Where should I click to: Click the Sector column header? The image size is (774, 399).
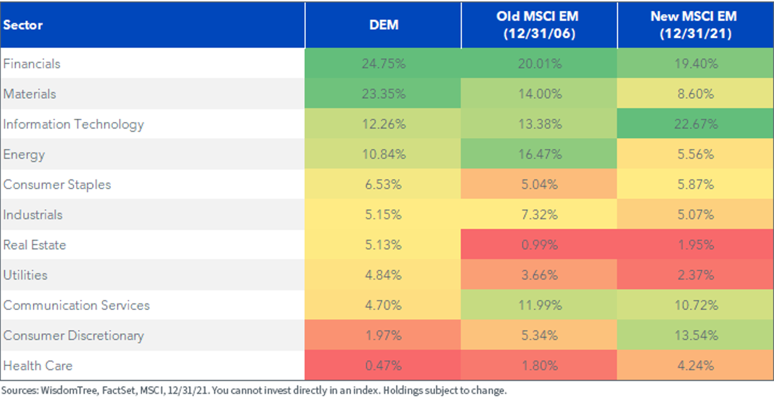point(23,25)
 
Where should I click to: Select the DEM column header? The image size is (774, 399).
point(384,25)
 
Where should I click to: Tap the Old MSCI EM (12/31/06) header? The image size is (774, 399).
point(539,25)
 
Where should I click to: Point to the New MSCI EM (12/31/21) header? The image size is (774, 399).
point(695,25)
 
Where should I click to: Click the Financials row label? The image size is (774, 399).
point(32,64)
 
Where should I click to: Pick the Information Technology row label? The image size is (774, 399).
point(74,125)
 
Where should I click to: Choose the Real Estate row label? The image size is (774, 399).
point(35,245)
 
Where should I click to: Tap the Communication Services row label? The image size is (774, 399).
point(76,305)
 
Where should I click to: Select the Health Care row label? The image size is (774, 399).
point(37,365)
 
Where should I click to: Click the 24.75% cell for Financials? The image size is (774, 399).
point(384,64)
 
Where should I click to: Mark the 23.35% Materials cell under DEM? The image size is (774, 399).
point(384,94)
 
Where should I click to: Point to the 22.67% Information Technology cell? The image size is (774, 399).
point(696,124)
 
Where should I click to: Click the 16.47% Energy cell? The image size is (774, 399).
point(540,154)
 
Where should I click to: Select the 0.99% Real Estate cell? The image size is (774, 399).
point(539,245)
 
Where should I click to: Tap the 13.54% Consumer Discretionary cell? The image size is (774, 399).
point(696,335)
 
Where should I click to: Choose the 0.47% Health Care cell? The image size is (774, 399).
point(384,365)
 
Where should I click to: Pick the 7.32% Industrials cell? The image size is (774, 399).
point(539,215)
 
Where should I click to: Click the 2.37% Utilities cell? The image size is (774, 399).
point(696,275)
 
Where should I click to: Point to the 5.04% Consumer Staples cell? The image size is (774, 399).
point(539,185)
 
